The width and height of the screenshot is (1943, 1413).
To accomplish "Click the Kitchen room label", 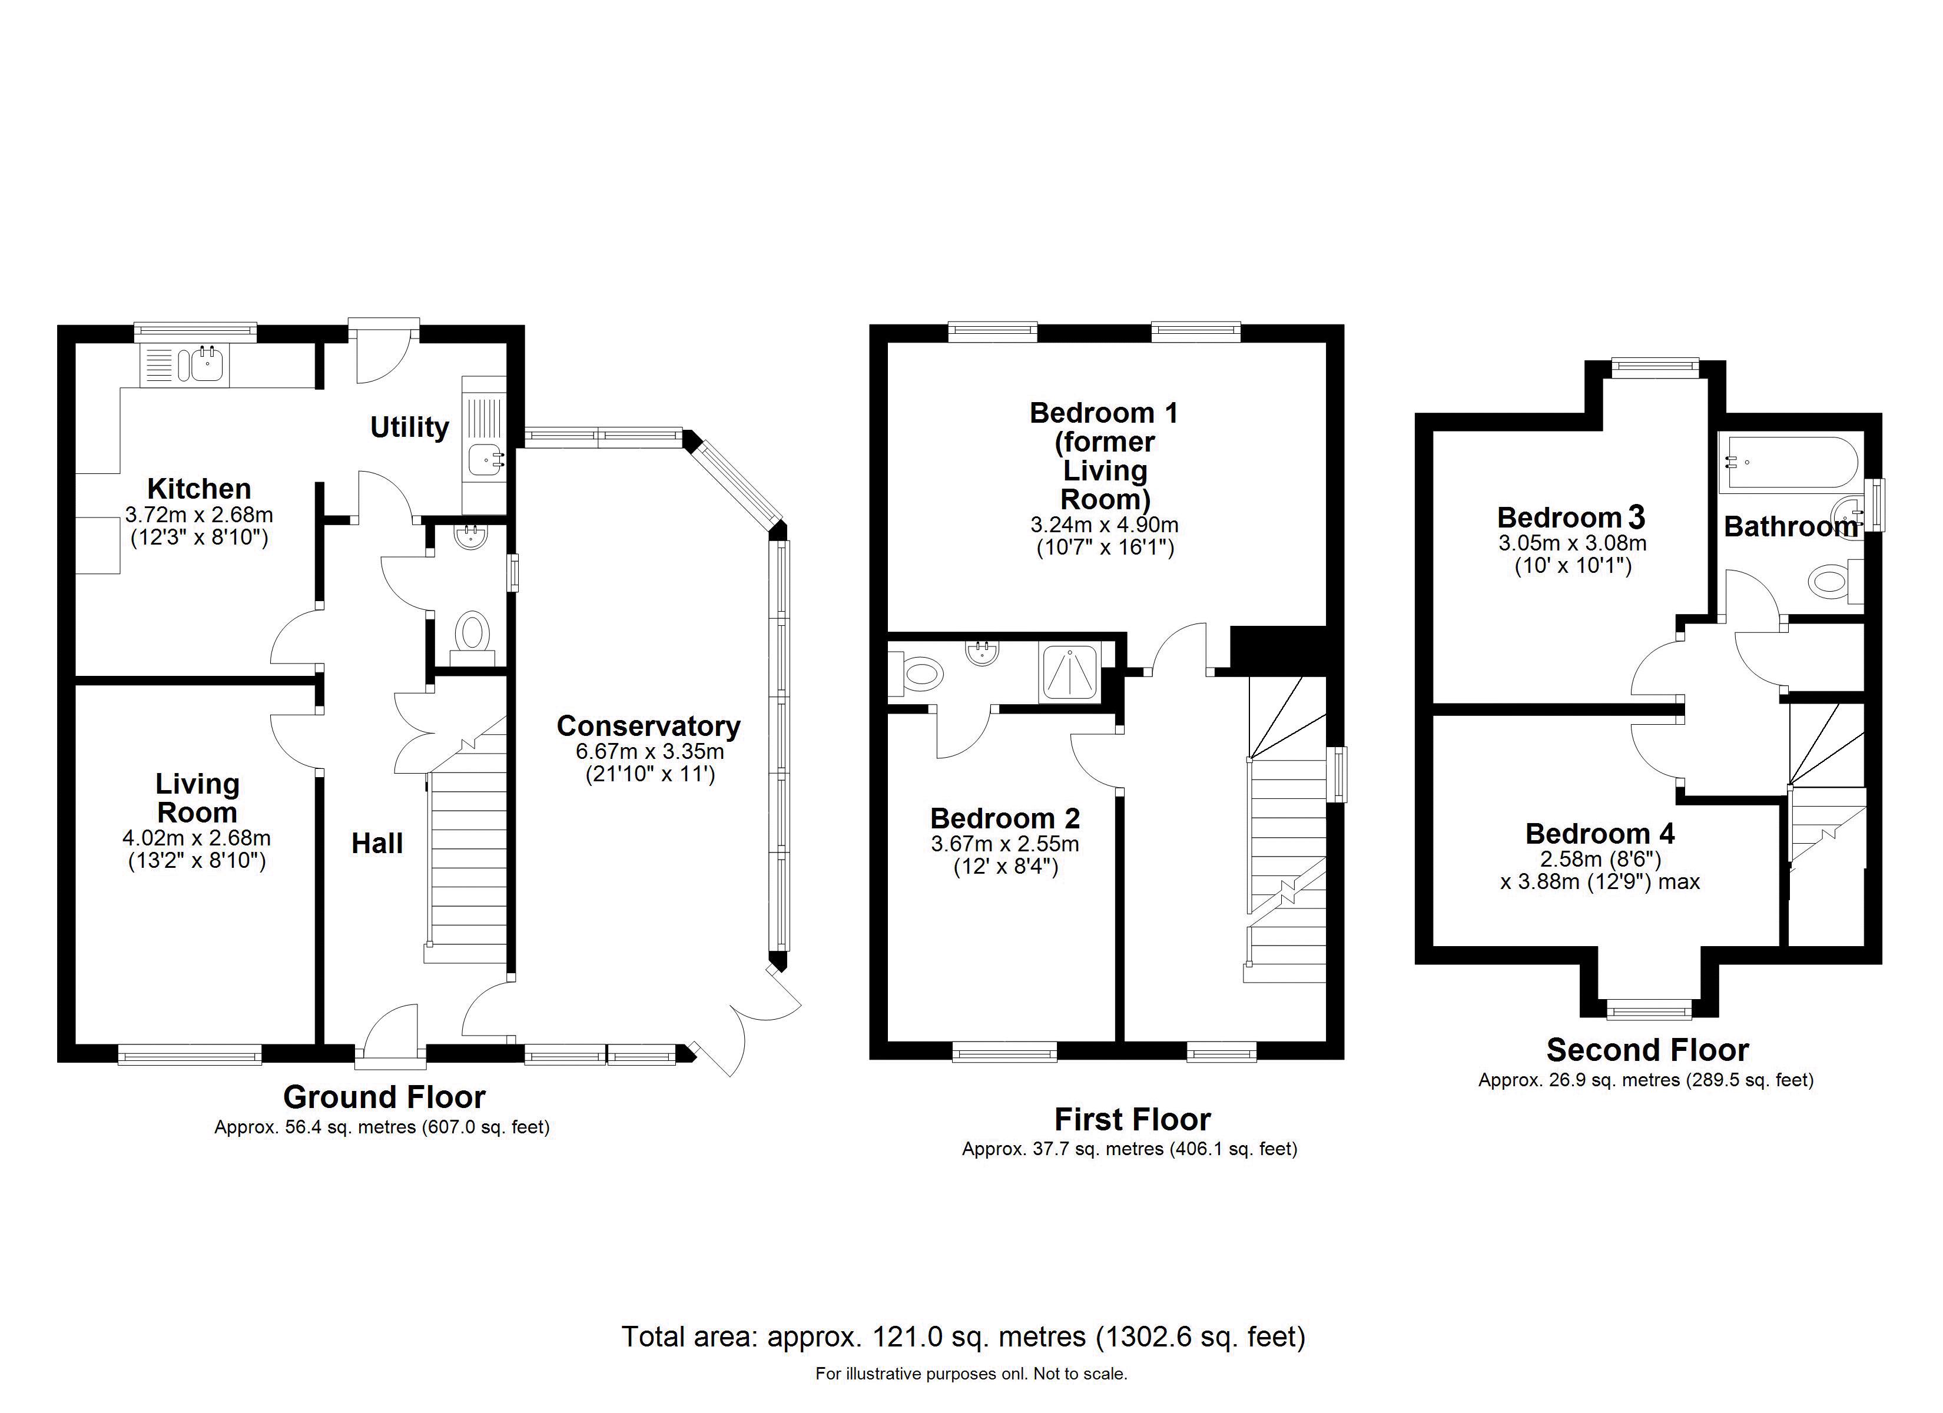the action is tap(199, 489).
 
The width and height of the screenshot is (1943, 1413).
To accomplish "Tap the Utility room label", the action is tap(410, 427).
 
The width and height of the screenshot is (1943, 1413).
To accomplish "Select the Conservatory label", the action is tap(648, 726).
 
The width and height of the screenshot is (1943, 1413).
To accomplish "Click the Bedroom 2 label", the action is tap(1005, 818).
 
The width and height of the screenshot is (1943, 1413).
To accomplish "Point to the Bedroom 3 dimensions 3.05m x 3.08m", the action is tap(1572, 543).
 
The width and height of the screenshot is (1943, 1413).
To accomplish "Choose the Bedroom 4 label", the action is tap(1600, 834).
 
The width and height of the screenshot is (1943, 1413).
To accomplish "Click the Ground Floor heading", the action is tap(384, 1097).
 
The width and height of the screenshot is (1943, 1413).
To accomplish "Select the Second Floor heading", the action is tap(1647, 1050).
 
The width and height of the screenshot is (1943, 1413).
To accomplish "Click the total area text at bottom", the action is tap(963, 1336).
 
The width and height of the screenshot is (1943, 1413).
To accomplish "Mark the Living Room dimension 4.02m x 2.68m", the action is tap(196, 838).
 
